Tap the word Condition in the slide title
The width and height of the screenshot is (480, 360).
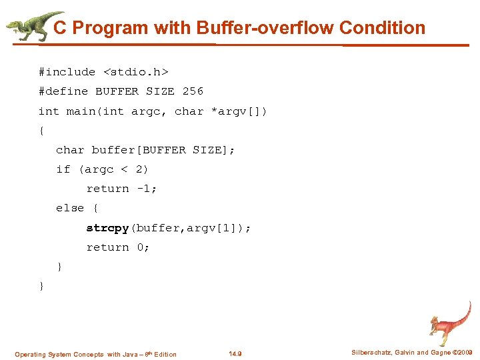382,28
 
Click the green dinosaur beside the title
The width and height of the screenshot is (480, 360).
30,25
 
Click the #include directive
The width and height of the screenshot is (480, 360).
67,72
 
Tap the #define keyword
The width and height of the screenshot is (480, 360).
63,91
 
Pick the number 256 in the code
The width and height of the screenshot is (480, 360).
193,91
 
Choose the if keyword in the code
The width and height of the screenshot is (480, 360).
63,169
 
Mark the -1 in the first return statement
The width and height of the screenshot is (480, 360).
143,189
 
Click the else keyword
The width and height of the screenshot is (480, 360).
70,208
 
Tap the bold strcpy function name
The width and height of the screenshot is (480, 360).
107,228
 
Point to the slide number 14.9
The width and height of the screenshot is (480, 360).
235,354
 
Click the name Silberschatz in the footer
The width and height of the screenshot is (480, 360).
373,353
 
